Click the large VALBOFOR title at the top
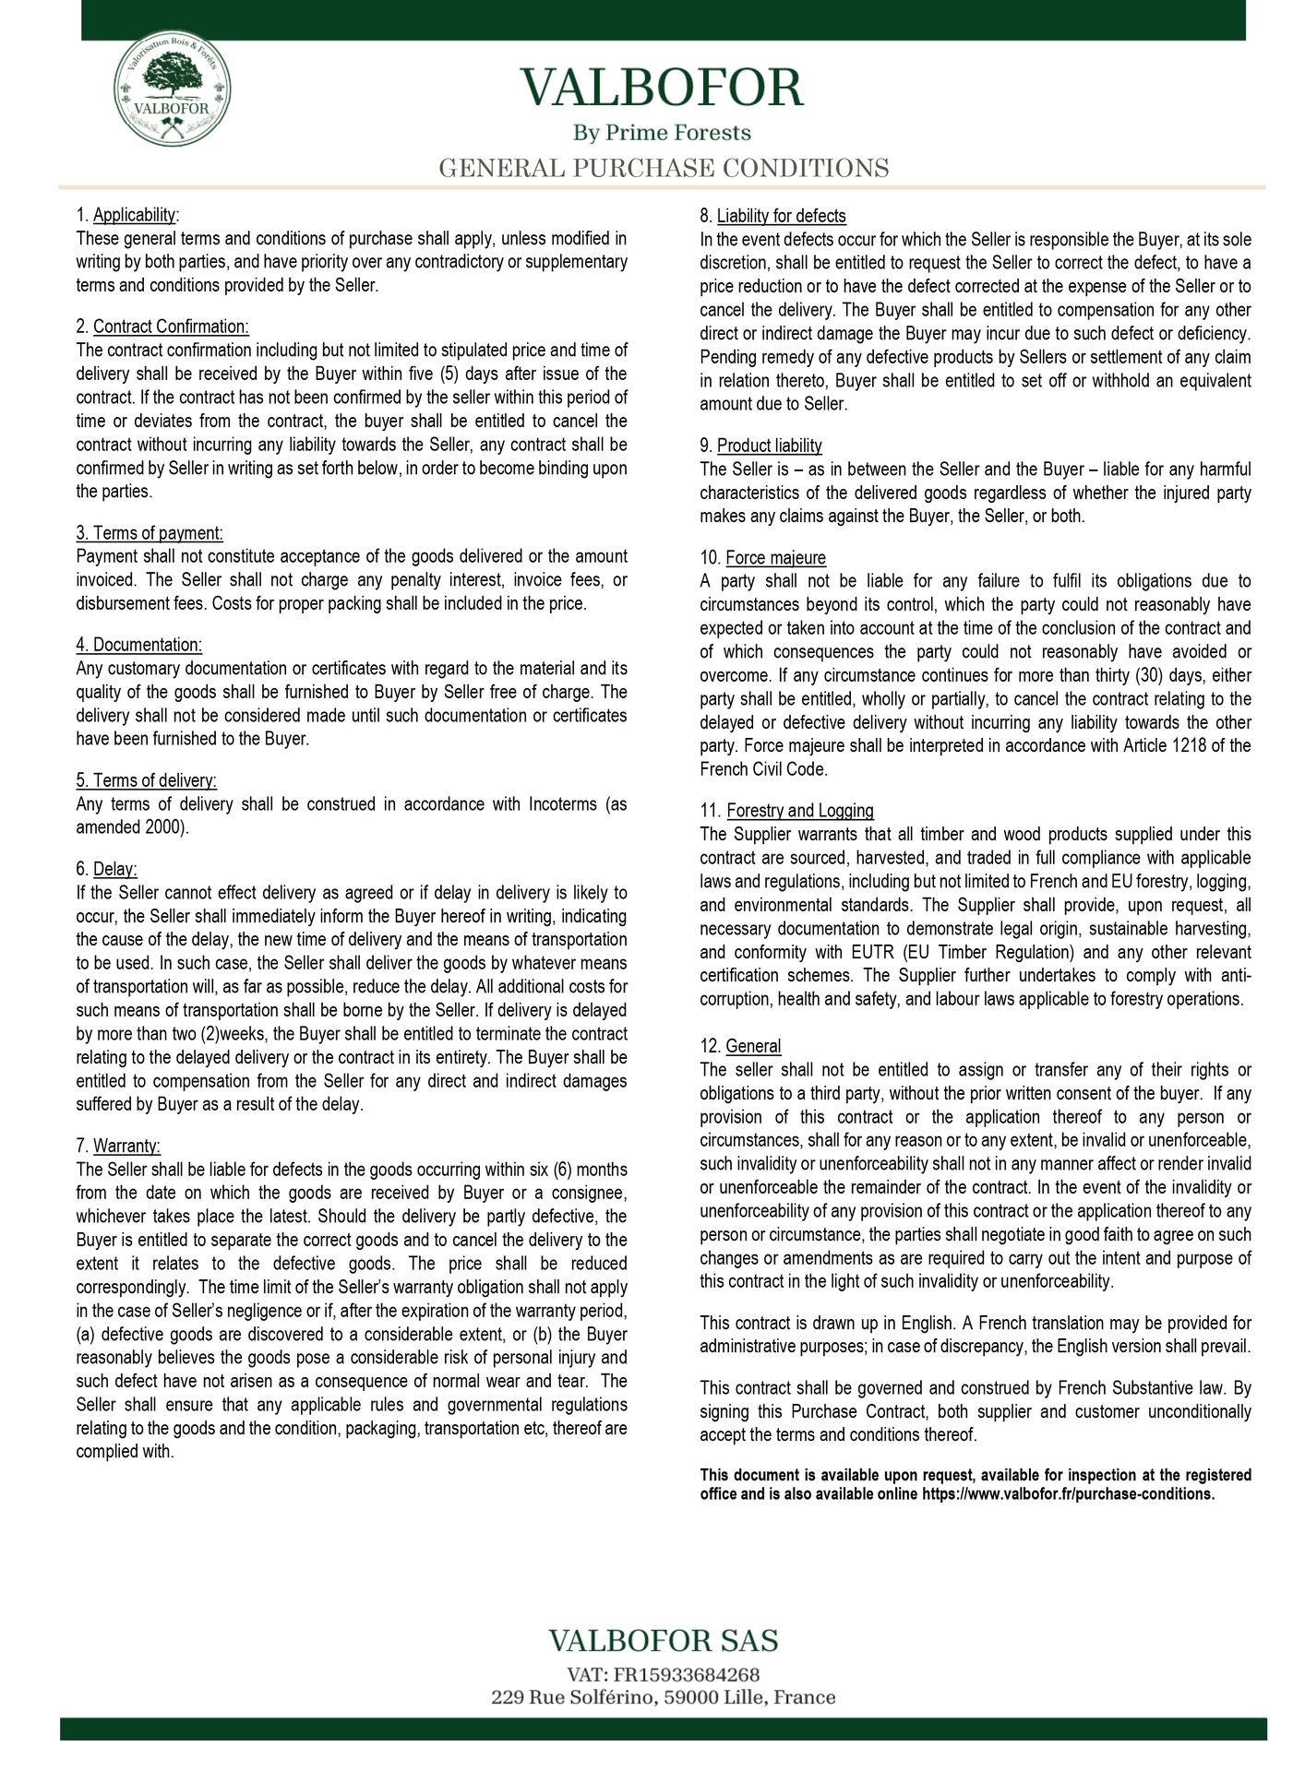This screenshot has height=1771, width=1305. pyautogui.click(x=662, y=89)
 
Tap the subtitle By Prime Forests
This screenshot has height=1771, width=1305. pyautogui.click(x=662, y=133)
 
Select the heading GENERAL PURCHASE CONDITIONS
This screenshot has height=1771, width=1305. pyautogui.click(x=663, y=169)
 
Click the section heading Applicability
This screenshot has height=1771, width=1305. pyautogui.click(x=134, y=215)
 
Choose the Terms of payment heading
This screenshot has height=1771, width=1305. pyautogui.click(x=150, y=533)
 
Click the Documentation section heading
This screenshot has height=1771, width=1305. pyautogui.click(x=147, y=645)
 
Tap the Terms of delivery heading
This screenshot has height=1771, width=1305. pyautogui.click(x=154, y=780)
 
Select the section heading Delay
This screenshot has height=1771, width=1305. pyautogui.click(x=114, y=869)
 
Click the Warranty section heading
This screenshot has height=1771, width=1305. pyautogui.click(x=126, y=1146)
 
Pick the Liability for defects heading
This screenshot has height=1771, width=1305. pyautogui.click(x=781, y=216)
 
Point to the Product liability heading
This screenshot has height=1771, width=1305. pyautogui.click(x=769, y=446)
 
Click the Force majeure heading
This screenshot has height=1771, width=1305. pyautogui.click(x=775, y=558)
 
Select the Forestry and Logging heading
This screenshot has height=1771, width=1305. pyautogui.click(x=799, y=811)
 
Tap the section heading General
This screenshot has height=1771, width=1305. pyautogui.click(x=753, y=1046)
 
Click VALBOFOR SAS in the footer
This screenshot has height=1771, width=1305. pyautogui.click(x=663, y=1641)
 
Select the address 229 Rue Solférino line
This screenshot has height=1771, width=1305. pyautogui.click(x=663, y=1697)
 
